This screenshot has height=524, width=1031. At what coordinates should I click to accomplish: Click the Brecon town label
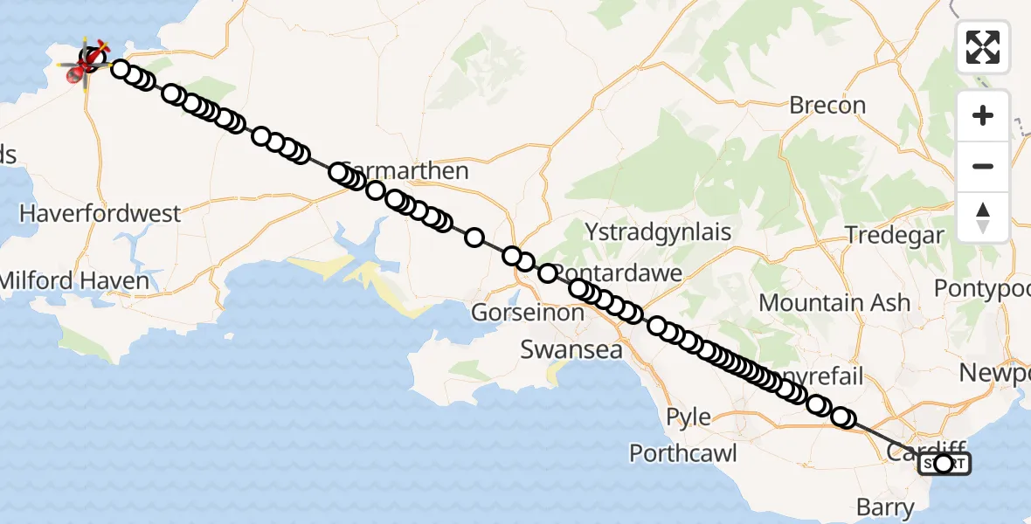click(827, 106)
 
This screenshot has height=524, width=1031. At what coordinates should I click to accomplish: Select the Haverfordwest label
click(100, 213)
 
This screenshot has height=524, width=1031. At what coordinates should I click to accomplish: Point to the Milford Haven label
click(74, 281)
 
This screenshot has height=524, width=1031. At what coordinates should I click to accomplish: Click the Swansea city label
click(571, 350)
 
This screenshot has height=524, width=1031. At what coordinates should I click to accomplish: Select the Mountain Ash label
click(834, 303)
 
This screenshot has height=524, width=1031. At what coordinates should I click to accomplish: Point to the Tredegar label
click(895, 235)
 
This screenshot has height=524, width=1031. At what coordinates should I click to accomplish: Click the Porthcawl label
click(683, 453)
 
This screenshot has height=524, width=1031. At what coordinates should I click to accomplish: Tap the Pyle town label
click(688, 417)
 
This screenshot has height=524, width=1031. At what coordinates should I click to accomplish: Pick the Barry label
click(885, 507)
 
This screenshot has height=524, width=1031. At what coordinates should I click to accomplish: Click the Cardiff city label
click(913, 451)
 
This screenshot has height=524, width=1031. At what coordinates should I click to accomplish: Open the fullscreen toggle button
click(983, 46)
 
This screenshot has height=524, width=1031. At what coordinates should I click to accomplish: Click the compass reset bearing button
click(983, 217)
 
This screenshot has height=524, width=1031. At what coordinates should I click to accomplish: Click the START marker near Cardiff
click(944, 464)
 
